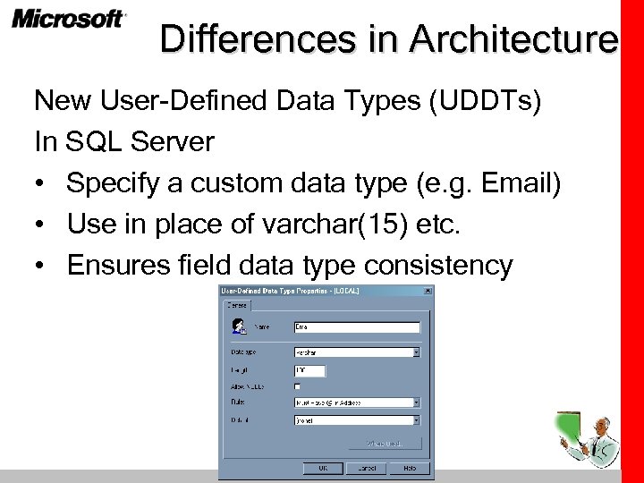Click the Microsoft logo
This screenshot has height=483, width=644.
tap(69, 20)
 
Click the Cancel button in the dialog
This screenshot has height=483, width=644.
tap(367, 468)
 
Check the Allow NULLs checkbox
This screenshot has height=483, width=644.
tap(298, 386)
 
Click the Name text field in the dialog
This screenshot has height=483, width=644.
tap(356, 327)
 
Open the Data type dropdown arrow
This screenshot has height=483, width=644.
tap(416, 352)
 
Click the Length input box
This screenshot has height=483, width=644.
tap(309, 369)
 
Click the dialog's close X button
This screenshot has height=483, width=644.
tap(428, 291)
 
